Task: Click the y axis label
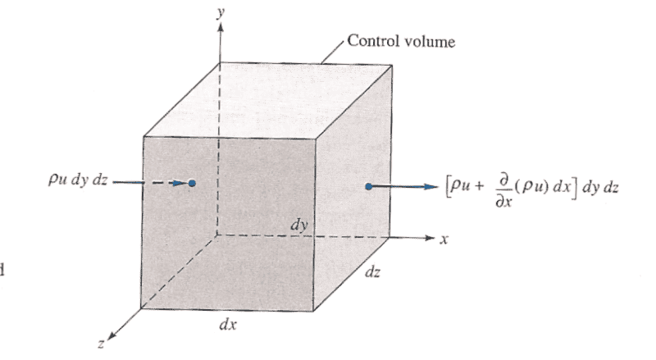click(221, 12)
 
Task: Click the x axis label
click(444, 239)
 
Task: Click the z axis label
click(101, 344)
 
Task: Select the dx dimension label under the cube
click(228, 324)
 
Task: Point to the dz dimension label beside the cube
click(372, 272)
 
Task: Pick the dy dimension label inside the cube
click(299, 226)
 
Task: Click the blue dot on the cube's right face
click(368, 187)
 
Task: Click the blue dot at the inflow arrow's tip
click(192, 183)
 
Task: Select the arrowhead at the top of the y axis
click(221, 27)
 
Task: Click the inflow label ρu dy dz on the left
click(78, 180)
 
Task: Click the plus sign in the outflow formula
click(479, 186)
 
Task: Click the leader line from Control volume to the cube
click(333, 52)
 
